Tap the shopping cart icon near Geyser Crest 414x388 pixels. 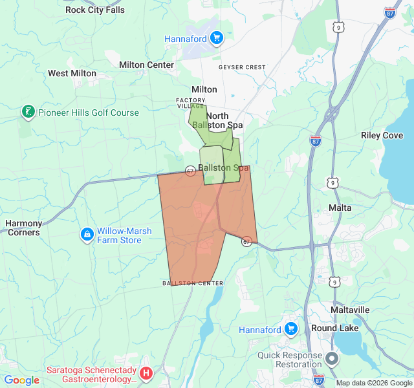[217, 38]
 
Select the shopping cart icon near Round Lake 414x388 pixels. [291, 329]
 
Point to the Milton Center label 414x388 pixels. [146, 65]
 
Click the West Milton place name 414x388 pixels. [72, 74]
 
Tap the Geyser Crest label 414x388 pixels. [242, 67]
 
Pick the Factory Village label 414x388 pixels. [191, 103]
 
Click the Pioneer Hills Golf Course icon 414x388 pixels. [28, 113]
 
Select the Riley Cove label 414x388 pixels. [382, 136]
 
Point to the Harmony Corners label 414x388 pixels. [23, 228]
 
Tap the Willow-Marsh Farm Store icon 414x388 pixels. [87, 233]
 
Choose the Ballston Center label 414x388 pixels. [193, 283]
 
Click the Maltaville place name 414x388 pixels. [350, 310]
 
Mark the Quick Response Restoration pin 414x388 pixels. [332, 358]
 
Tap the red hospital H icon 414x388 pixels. [146, 372]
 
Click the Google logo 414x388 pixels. [21, 380]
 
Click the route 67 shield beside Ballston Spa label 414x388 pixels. [190, 171]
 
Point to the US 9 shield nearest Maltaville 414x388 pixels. [334, 281]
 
